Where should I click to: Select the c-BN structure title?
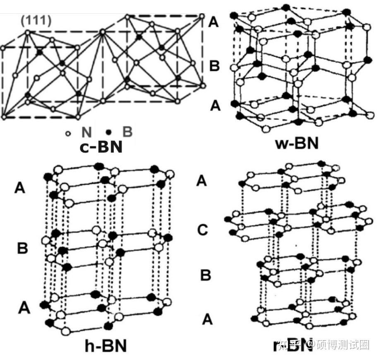[101, 146]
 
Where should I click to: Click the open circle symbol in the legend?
[69, 133]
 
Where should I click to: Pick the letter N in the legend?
[86, 133]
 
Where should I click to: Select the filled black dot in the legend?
[109, 133]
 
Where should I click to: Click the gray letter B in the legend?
[127, 132]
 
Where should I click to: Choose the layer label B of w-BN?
[214, 66]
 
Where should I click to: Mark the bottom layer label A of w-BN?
[216, 106]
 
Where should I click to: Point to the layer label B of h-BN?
[22, 249]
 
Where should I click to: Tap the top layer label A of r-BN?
[201, 181]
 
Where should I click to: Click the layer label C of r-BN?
[202, 230]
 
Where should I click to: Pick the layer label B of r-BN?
[206, 275]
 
